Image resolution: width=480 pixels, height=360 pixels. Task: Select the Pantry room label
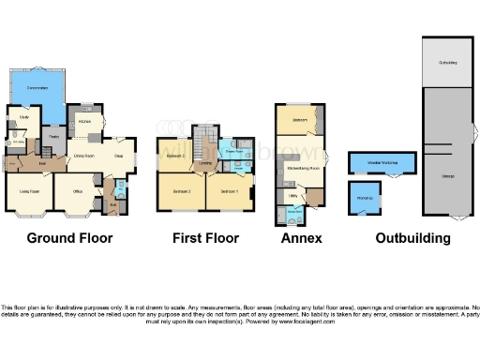[x=54, y=137]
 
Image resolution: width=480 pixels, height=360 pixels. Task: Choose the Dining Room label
[x=85, y=155]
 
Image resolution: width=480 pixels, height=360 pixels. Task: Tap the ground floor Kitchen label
[x=83, y=121]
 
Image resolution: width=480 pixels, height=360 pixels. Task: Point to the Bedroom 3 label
[x=182, y=191]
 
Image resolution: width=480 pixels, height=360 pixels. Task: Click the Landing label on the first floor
[x=202, y=162]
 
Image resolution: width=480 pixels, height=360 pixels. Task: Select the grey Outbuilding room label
[x=448, y=63]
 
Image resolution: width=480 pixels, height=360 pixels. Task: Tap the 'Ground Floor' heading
[x=69, y=238]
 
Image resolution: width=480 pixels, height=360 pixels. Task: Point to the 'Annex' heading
[x=301, y=238]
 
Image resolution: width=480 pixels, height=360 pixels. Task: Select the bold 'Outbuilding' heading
[x=412, y=238]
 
